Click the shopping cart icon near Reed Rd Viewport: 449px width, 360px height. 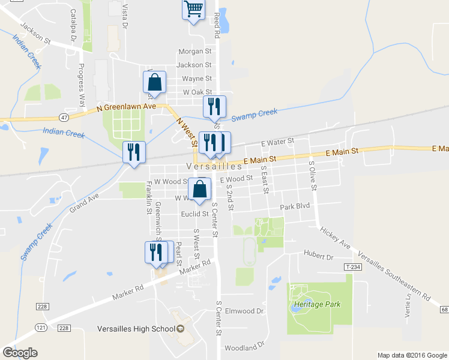click(x=193, y=10)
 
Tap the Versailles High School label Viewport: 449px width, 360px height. click(x=136, y=329)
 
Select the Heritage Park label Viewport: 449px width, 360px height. click(x=317, y=304)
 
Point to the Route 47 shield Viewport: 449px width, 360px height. click(x=64, y=117)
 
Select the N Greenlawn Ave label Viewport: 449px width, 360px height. click(x=126, y=106)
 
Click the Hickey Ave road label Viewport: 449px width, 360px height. click(x=335, y=238)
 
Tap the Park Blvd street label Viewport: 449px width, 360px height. click(x=294, y=207)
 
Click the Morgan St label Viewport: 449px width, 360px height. click(x=195, y=52)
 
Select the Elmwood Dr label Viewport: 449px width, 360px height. click(x=244, y=311)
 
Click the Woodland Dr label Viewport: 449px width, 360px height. click(x=244, y=347)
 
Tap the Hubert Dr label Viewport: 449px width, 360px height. click(x=318, y=256)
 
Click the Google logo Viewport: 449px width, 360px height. click(x=20, y=352)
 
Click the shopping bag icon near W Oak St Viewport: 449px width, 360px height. click(x=154, y=83)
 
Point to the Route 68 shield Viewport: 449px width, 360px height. click(x=444, y=309)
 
